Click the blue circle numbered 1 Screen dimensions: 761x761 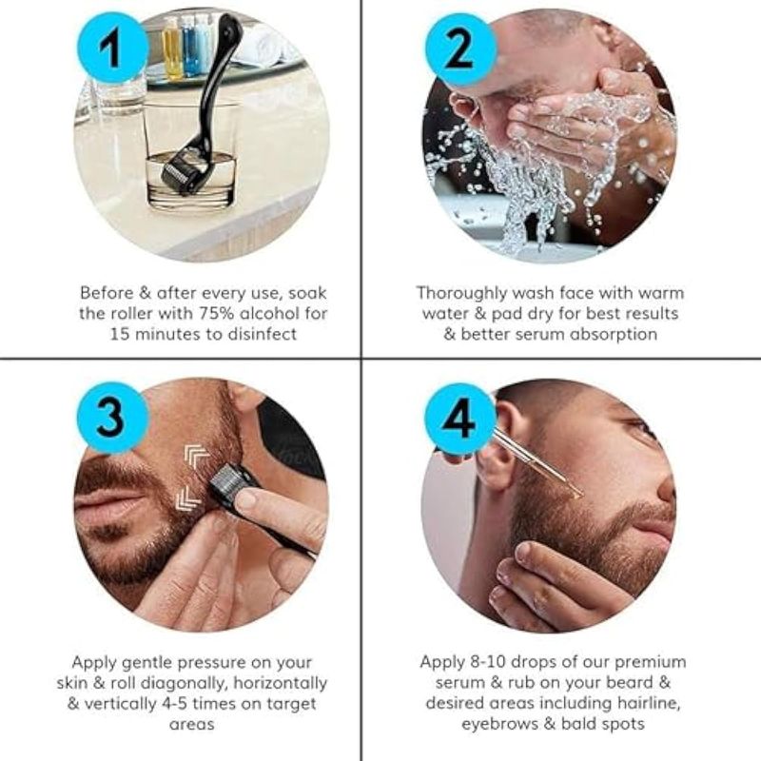pos(112,49)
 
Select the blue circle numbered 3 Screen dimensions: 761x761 pos(112,418)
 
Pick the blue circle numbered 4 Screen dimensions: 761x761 pos(460,419)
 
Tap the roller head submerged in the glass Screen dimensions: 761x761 pos(182,172)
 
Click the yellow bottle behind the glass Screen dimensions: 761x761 pos(172,48)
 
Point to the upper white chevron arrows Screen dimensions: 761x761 pos(197,458)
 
